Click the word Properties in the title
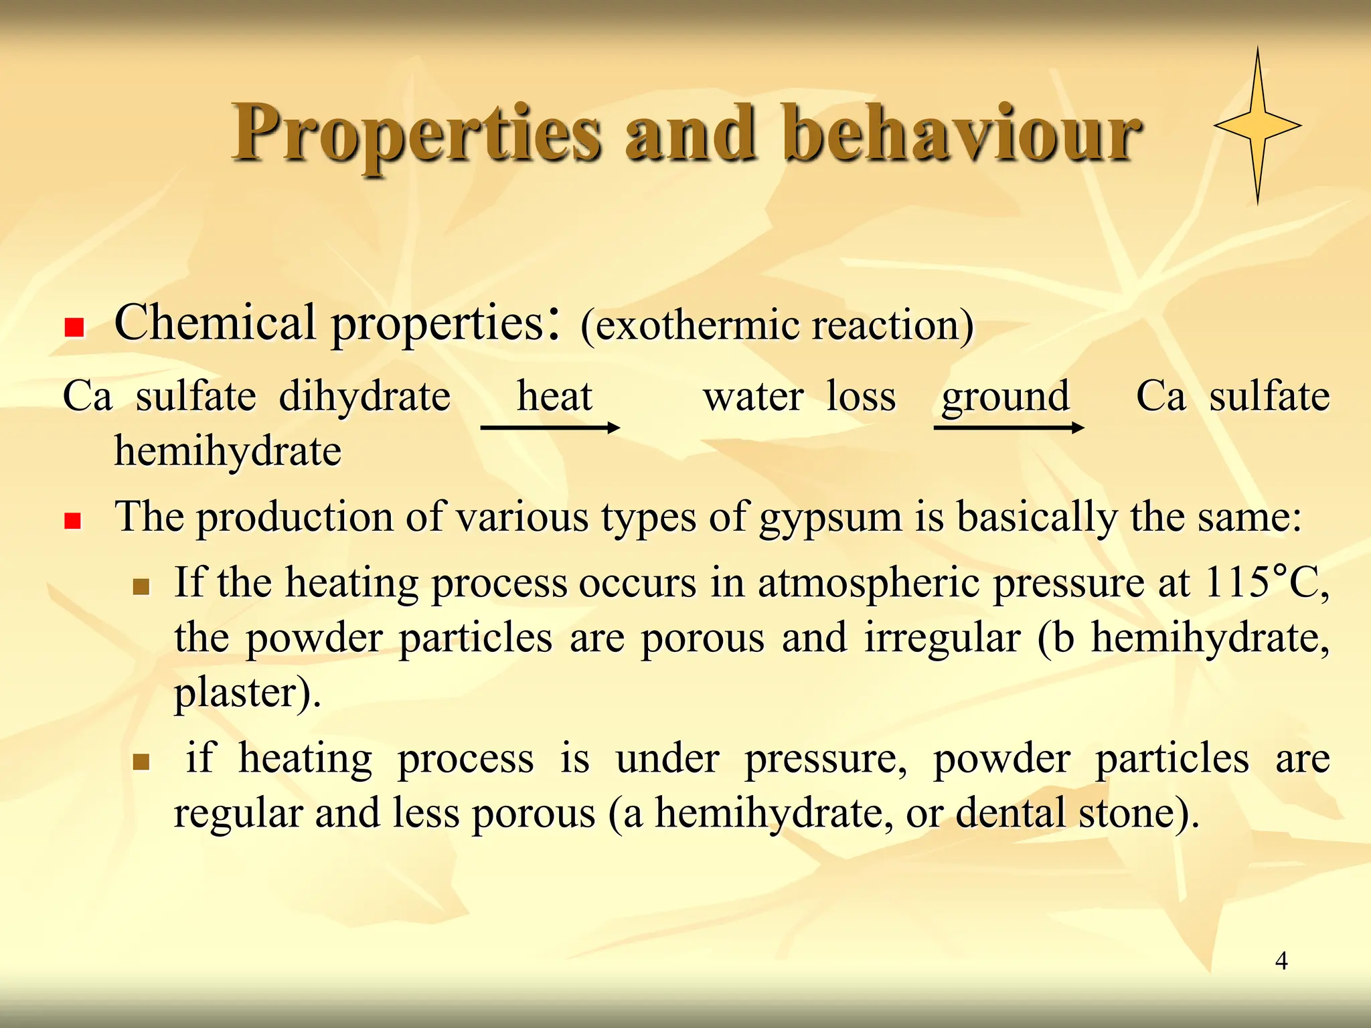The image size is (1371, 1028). click(x=416, y=134)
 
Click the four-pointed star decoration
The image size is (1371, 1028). click(x=1258, y=125)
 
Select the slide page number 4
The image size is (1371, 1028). click(x=1281, y=961)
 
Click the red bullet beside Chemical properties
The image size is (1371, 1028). click(x=74, y=327)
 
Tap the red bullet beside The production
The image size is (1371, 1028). click(x=72, y=521)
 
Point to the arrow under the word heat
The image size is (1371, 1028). click(x=550, y=428)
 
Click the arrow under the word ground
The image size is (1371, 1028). click(x=1008, y=428)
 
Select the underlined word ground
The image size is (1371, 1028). click(x=1005, y=397)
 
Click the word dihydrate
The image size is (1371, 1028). click(x=365, y=396)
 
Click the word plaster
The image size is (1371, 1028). click(x=235, y=693)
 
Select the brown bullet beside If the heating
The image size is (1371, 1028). click(x=141, y=588)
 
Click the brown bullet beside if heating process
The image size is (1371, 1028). click(x=141, y=762)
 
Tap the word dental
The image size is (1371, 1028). click(x=1010, y=813)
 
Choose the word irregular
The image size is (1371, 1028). click(x=943, y=637)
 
